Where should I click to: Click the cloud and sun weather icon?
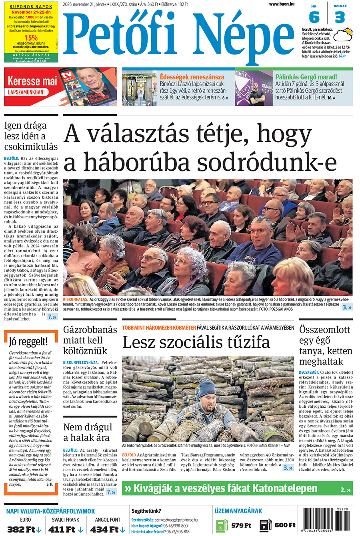343,35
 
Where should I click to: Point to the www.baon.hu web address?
282,4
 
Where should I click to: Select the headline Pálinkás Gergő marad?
306,76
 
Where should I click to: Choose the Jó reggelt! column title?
28,342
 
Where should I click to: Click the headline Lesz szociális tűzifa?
196,343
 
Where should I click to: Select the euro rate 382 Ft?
21,529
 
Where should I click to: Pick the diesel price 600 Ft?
285,525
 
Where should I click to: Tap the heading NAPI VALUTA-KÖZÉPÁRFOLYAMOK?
50,511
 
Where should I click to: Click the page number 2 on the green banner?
343,489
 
